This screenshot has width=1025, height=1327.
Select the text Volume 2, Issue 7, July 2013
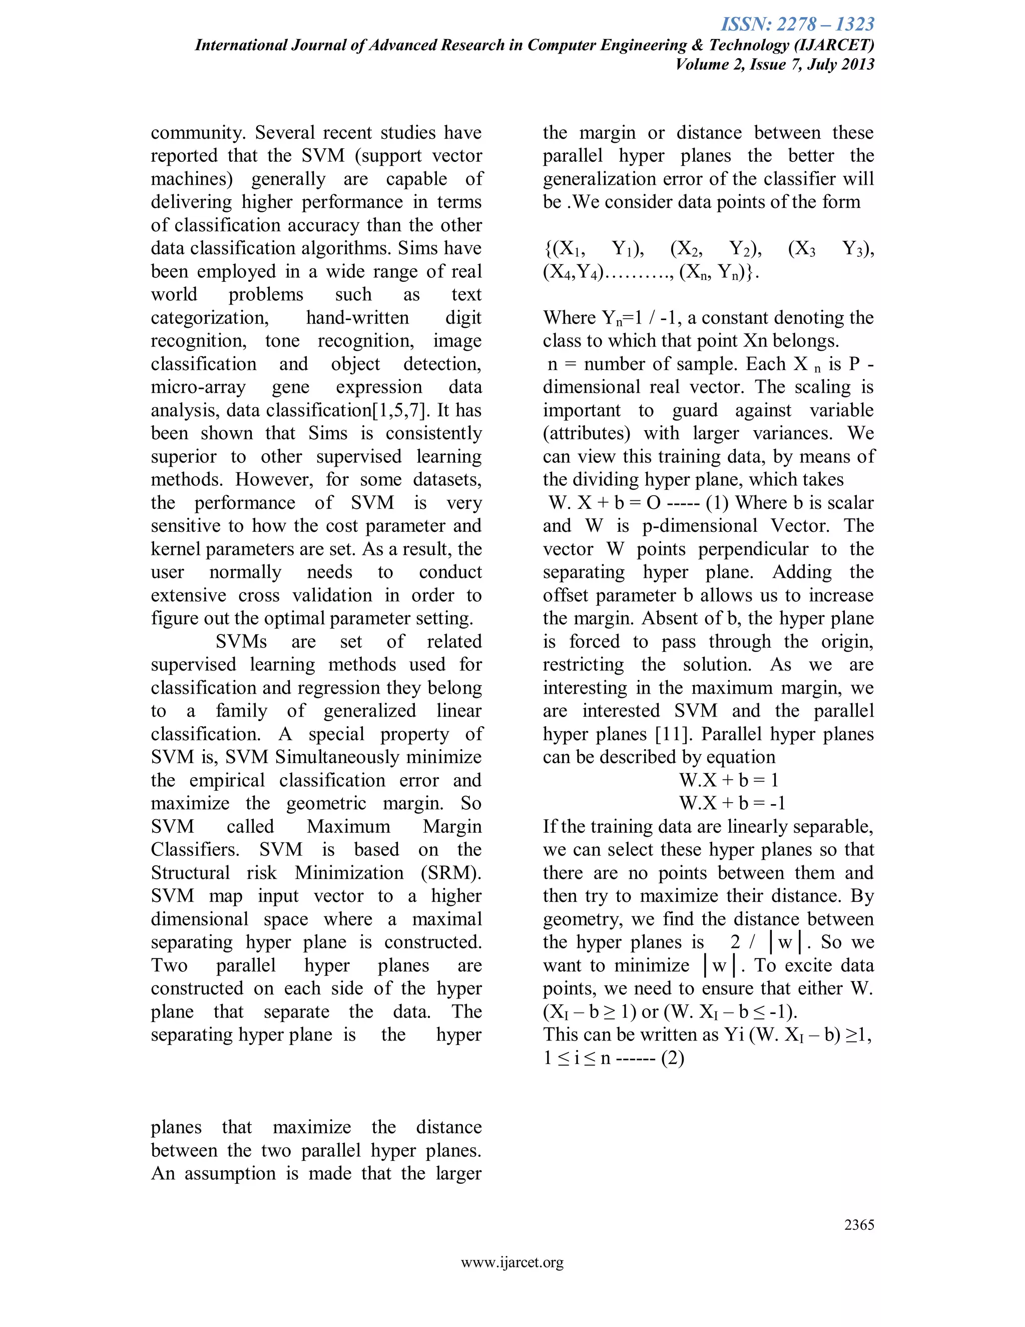(775, 65)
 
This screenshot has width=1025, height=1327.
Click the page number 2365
(859, 1224)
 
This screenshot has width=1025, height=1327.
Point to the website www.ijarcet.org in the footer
(512, 1262)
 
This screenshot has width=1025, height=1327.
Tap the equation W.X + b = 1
(728, 780)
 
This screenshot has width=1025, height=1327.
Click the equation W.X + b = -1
(732, 803)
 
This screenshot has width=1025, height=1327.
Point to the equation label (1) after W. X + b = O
(717, 503)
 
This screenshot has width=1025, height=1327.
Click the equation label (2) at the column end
(673, 1058)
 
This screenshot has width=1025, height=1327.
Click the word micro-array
(198, 387)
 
